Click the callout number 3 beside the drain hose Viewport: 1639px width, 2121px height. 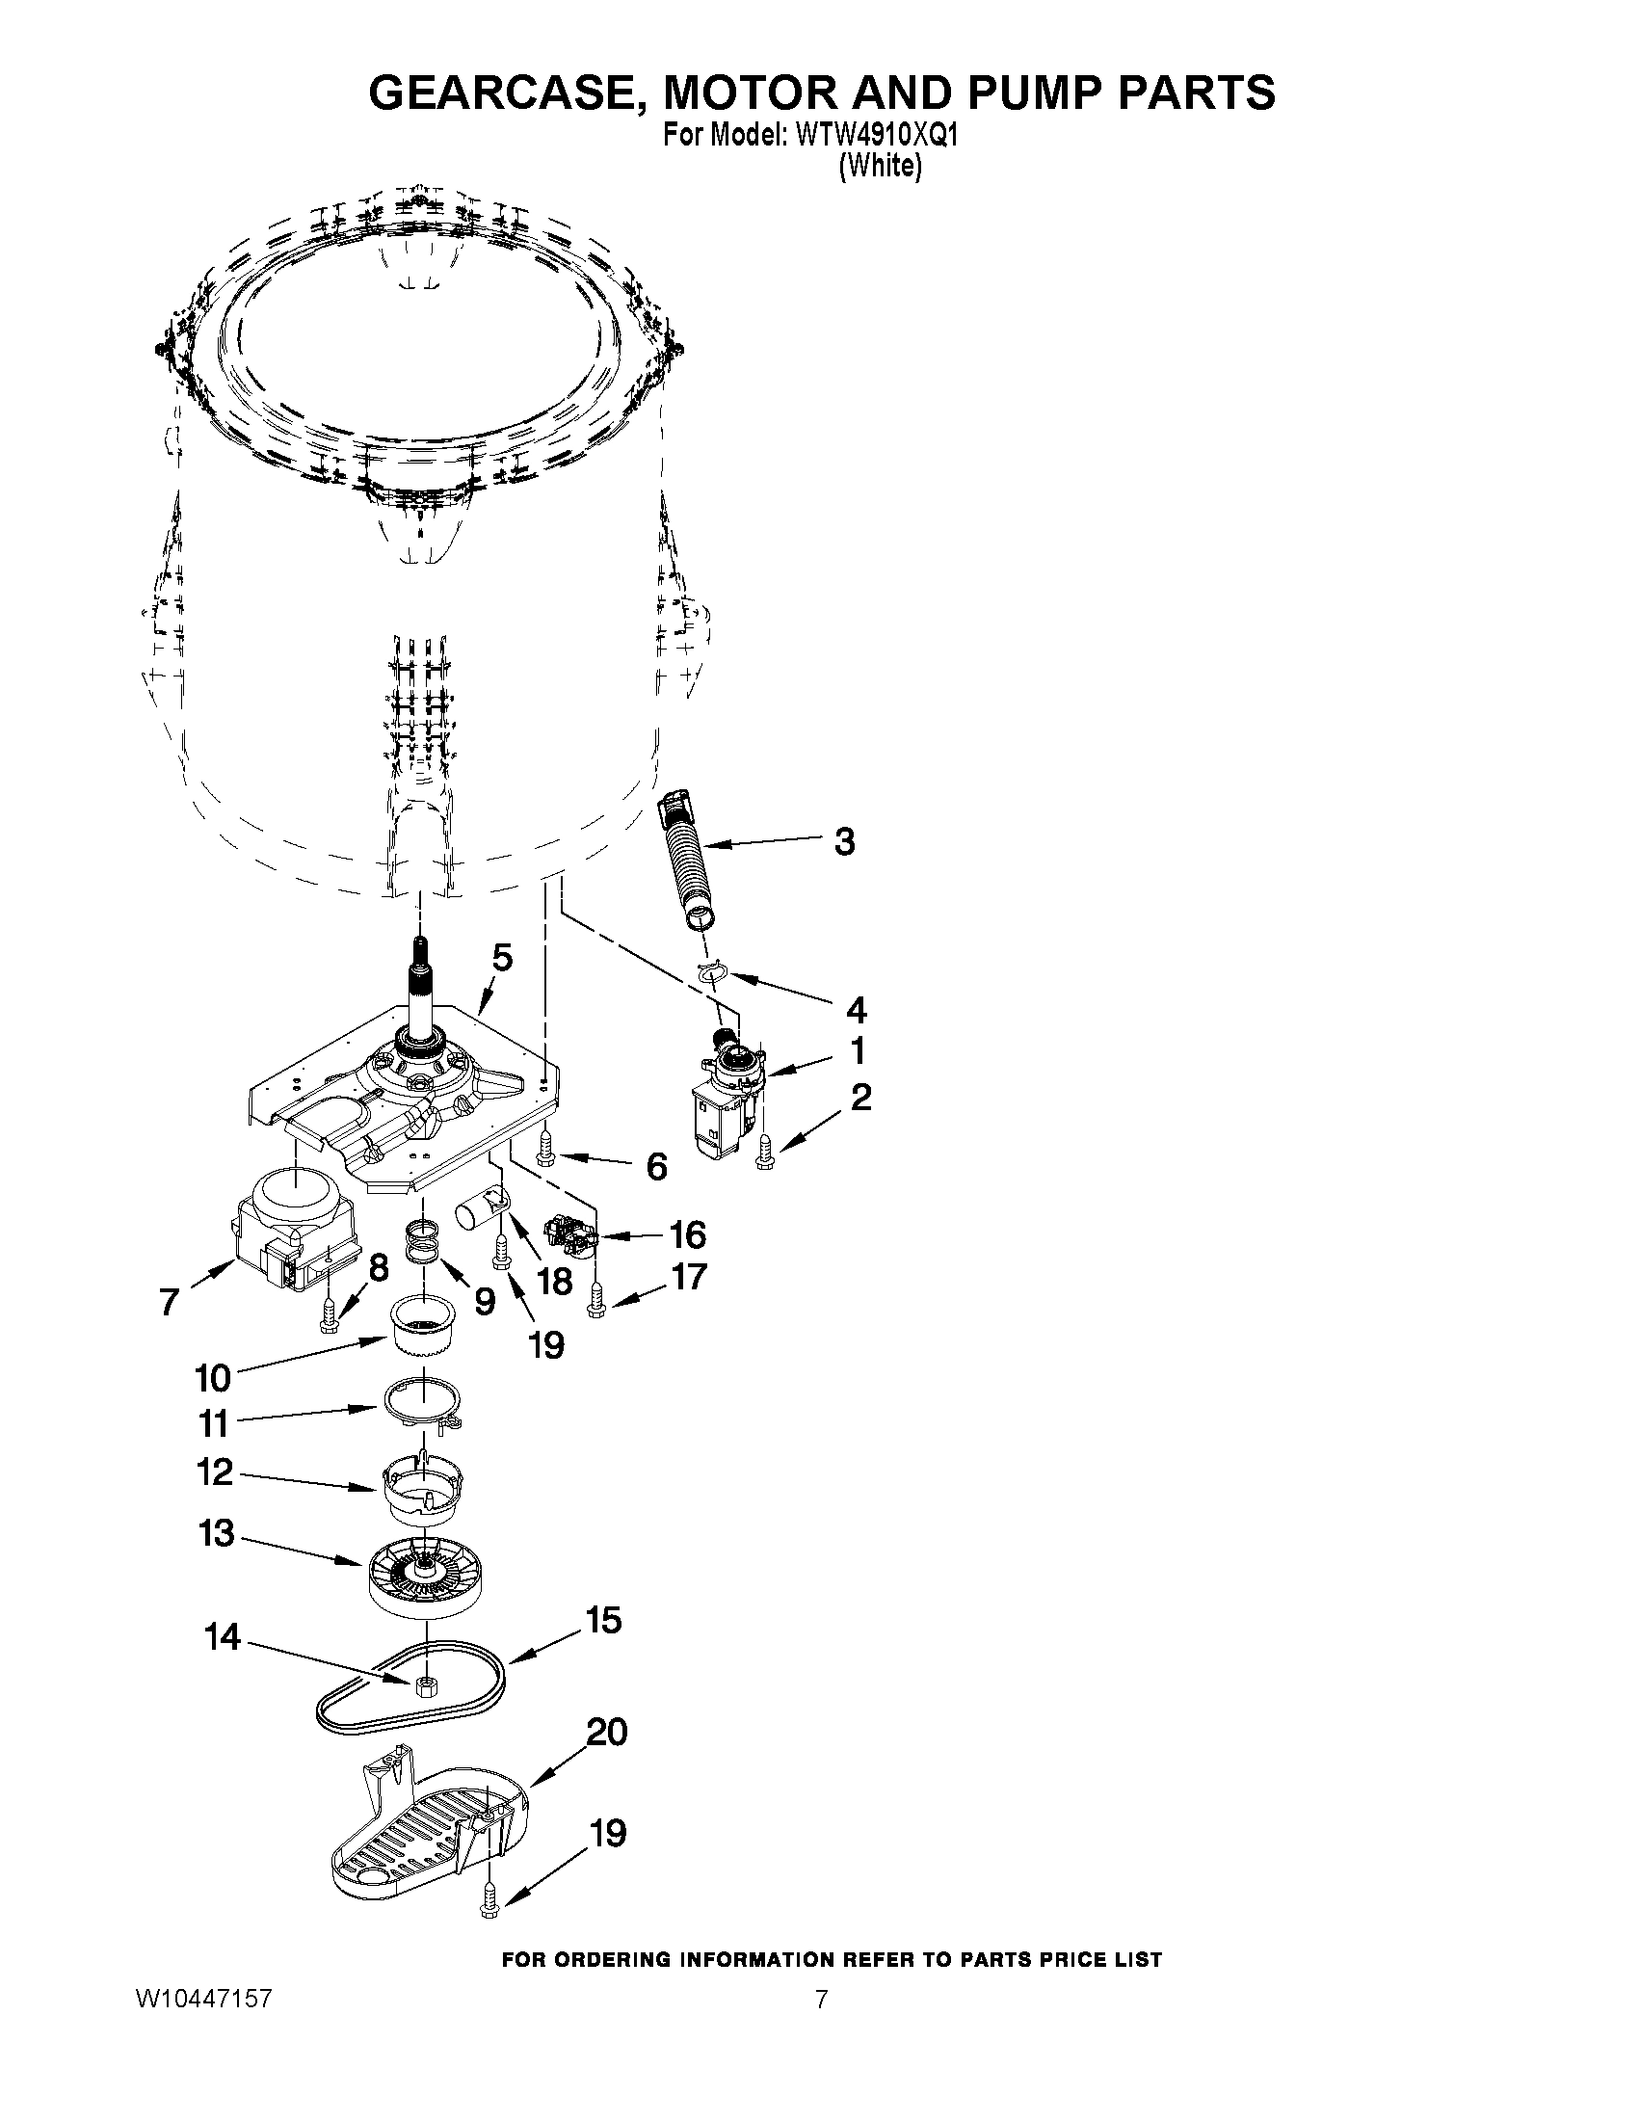pos(844,841)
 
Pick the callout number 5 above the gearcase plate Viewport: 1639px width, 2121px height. pos(501,958)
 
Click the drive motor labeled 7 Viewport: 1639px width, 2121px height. pos(291,1230)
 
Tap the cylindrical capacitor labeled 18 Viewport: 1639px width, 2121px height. pos(483,1214)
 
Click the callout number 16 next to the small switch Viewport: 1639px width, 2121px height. pos(687,1235)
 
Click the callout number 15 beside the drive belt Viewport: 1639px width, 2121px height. pos(603,1620)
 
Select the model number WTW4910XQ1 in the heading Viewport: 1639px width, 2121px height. pos(876,135)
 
